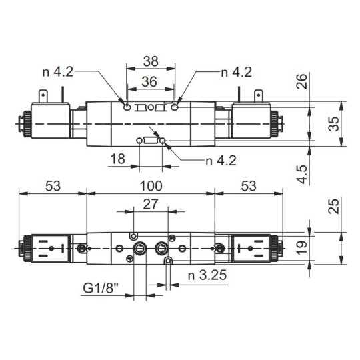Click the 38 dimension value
tap(151, 61)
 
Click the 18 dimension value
tap(118, 159)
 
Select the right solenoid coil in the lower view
tap(251, 249)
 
